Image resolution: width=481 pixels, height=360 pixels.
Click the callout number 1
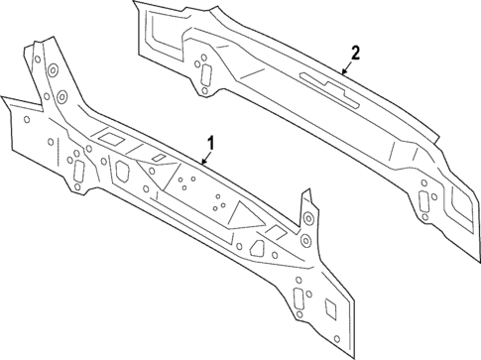(210, 142)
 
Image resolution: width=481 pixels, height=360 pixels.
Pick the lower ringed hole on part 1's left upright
(59, 98)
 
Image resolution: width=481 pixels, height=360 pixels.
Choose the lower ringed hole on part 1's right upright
(302, 244)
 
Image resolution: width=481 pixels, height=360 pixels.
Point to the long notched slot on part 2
(326, 84)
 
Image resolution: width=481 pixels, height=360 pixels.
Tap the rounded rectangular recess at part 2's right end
(462, 208)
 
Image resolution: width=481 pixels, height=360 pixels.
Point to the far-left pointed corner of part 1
(3, 97)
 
